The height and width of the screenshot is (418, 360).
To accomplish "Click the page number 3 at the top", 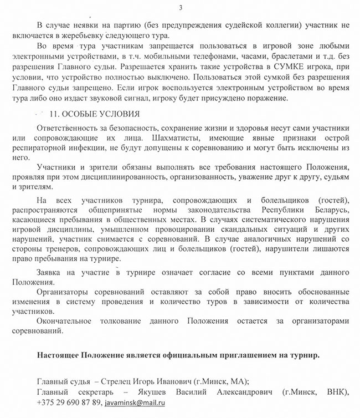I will [181, 7].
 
